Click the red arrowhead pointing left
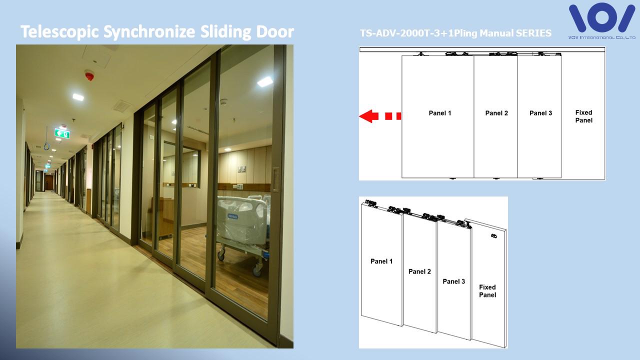tap(368, 116)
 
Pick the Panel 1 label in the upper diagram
tap(439, 113)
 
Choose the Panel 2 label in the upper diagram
tap(496, 113)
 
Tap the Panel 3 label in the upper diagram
tap(540, 113)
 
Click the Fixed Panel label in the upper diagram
tap(583, 116)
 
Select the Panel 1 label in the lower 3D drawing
tap(381, 261)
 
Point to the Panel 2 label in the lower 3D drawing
tap(419, 271)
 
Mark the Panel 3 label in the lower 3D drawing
tap(453, 281)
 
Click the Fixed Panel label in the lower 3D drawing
tap(487, 291)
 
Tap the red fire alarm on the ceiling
tap(89, 75)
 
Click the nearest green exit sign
tap(62, 133)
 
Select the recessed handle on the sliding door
tap(275, 179)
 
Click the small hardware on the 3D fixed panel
tap(493, 235)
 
